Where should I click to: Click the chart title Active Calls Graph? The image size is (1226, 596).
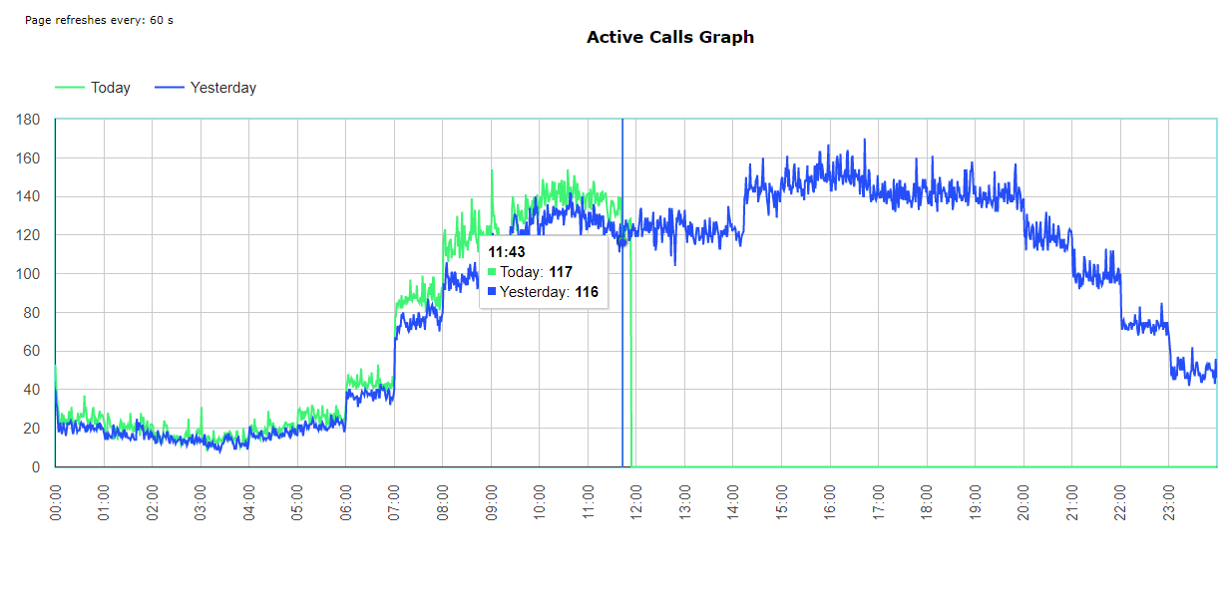pyautogui.click(x=669, y=38)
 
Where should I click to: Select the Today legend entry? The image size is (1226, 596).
pyautogui.click(x=110, y=88)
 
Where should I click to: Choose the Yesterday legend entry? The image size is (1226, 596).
pyautogui.click(x=222, y=88)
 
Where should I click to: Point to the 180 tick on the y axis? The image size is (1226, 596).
pyautogui.click(x=28, y=120)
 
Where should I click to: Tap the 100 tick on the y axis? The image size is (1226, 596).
pyautogui.click(x=28, y=274)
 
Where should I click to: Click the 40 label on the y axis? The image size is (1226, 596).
pyautogui.click(x=32, y=390)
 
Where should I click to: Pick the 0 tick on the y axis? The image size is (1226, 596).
pyautogui.click(x=36, y=467)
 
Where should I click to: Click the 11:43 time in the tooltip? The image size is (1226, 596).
pyautogui.click(x=507, y=252)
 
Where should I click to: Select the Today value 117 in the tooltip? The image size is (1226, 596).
pyautogui.click(x=561, y=272)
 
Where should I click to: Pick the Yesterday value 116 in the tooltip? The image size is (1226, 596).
pyautogui.click(x=587, y=292)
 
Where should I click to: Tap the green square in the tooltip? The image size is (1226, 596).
pyautogui.click(x=492, y=272)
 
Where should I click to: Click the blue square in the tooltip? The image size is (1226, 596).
pyautogui.click(x=492, y=292)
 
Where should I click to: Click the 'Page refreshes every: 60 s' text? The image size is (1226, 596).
pyautogui.click(x=99, y=20)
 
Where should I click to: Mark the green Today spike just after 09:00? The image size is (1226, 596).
pyautogui.click(x=492, y=171)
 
